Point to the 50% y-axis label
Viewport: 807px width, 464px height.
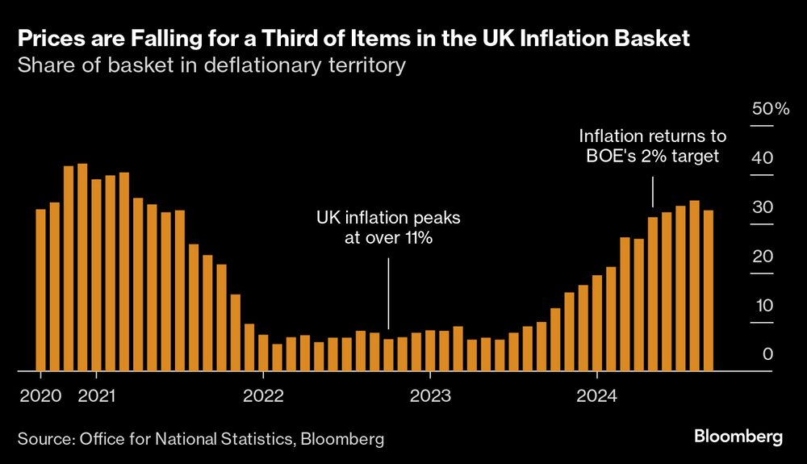tap(771, 109)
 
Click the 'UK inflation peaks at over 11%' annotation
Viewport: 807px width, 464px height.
tap(389, 228)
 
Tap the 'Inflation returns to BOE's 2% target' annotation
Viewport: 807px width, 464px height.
tap(653, 146)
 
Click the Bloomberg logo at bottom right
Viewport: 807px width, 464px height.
tap(738, 437)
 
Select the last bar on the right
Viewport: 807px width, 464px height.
tap(708, 291)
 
